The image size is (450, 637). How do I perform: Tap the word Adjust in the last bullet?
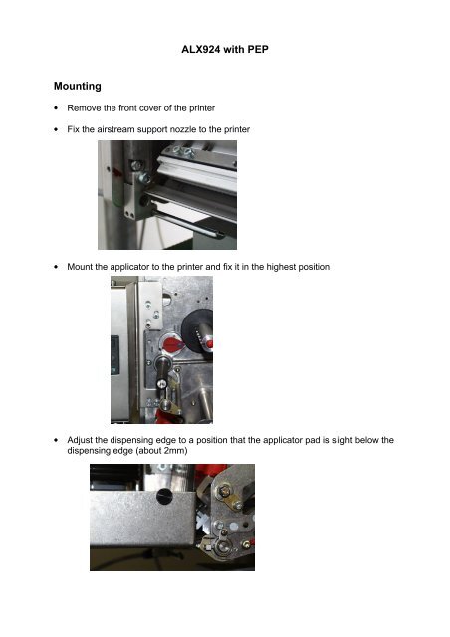tap(83, 438)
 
